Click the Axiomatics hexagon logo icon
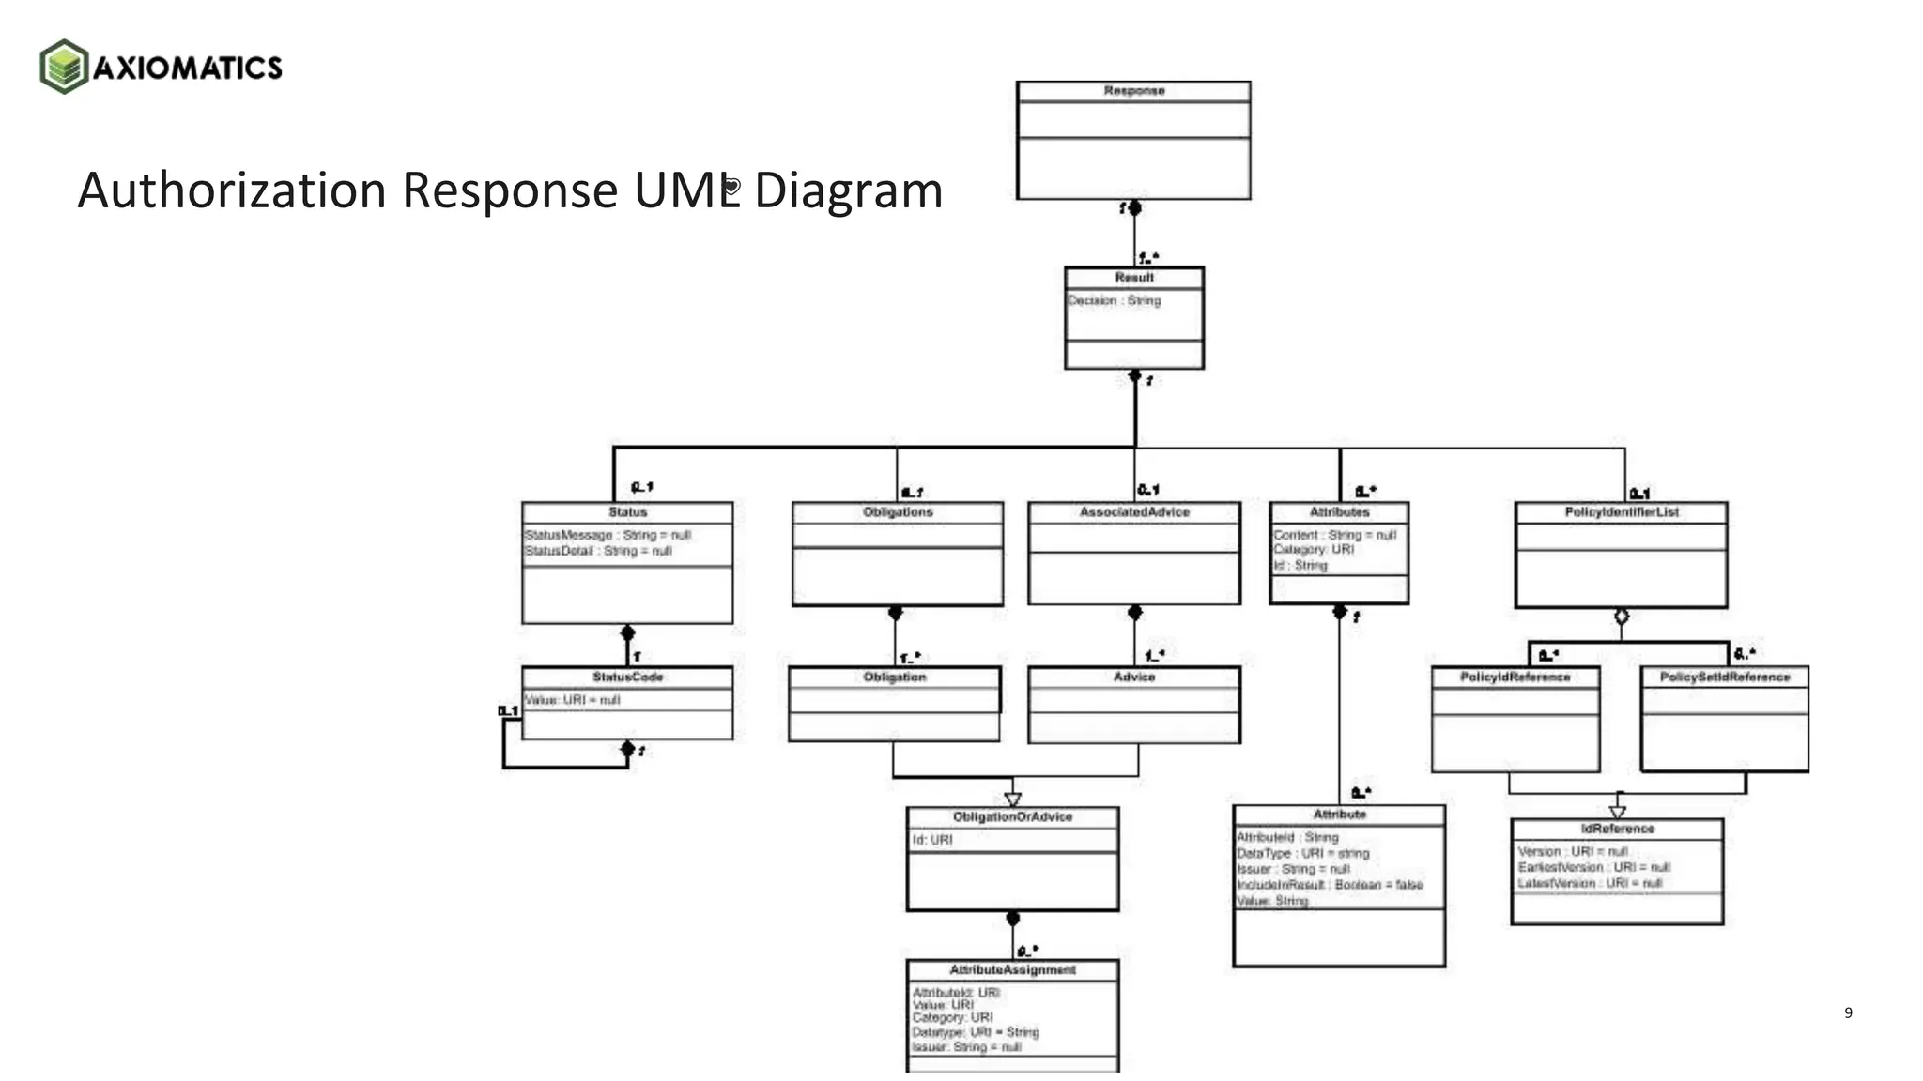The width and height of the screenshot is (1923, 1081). (64, 67)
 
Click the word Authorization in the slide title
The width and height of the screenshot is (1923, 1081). (231, 190)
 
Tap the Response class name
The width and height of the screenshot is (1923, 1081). (1133, 91)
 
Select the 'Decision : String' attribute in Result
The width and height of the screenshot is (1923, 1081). (1115, 300)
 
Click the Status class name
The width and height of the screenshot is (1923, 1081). (627, 512)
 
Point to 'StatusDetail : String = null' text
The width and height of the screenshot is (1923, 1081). (598, 551)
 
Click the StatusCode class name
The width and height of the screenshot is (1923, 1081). (627, 677)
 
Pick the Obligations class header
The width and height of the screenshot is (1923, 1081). (898, 512)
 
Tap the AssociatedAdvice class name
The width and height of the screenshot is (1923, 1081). (1134, 512)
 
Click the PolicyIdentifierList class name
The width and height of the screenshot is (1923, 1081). (1622, 512)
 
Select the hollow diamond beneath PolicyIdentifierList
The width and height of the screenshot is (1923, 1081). (1622, 617)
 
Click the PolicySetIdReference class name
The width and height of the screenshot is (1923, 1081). (1725, 677)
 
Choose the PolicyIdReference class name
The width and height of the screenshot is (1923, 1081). (1515, 677)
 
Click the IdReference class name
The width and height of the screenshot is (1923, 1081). (1617, 829)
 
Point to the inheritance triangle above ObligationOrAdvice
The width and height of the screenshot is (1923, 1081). (1012, 799)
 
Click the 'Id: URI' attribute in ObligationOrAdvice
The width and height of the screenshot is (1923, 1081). (932, 840)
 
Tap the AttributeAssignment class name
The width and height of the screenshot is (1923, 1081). (1012, 969)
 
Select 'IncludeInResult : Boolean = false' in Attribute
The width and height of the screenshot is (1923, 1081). (1330, 885)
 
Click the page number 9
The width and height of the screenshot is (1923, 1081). (1848, 1012)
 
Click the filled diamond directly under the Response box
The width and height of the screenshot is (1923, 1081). (1134, 207)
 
